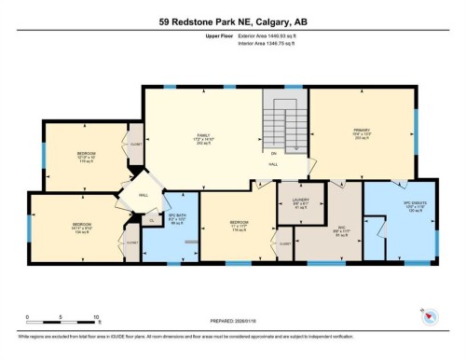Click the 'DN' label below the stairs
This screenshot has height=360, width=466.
click(x=274, y=155)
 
